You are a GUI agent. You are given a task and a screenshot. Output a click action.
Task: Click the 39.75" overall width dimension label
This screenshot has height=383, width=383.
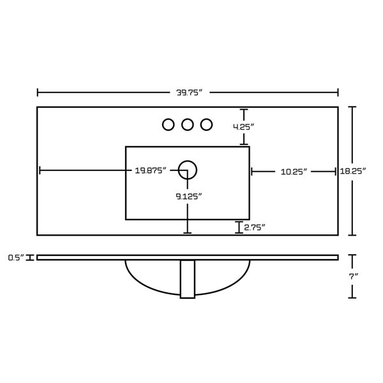coord(190,93)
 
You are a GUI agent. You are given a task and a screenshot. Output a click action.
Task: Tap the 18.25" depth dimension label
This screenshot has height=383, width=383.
coord(353,171)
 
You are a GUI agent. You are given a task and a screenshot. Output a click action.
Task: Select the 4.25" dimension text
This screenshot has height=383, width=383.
coord(244,127)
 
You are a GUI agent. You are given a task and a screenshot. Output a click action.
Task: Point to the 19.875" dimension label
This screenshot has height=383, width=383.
coord(151,170)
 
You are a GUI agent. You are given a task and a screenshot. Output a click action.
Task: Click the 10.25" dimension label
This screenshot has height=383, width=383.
coord(294,172)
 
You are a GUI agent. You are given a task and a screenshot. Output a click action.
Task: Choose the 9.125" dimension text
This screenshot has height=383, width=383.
coord(189,196)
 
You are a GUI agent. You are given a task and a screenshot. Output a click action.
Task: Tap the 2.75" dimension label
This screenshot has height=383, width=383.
coord(255,227)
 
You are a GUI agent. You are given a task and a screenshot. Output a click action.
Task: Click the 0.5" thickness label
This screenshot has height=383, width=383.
coord(17,257)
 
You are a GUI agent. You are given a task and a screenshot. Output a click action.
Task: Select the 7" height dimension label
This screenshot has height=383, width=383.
coord(353,276)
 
